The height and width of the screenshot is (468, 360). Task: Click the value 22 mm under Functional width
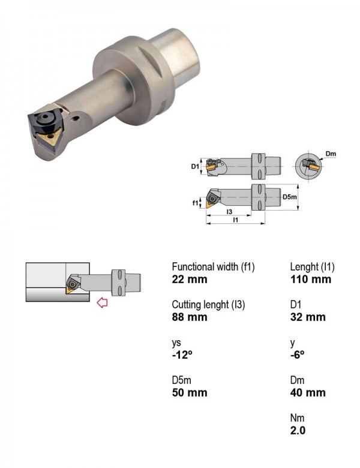[190, 280]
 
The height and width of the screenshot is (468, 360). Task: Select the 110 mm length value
[310, 280]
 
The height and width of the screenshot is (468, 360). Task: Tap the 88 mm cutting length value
[190, 317]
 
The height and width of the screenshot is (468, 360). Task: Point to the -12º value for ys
[182, 355]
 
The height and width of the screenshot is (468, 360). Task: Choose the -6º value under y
[298, 355]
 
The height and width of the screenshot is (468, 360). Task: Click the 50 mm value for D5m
[190, 392]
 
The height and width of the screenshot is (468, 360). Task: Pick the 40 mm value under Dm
[308, 392]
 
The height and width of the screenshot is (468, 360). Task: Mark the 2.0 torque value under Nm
[298, 430]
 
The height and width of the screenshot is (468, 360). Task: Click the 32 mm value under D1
[308, 317]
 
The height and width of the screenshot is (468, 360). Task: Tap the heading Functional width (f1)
[213, 266]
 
